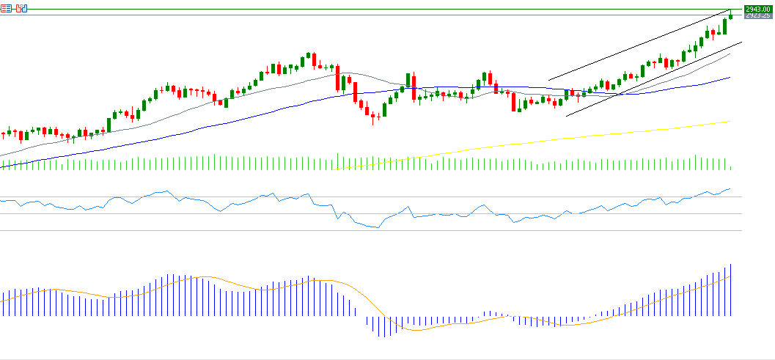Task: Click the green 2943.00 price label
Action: pos(758,9)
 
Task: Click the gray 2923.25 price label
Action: pos(758,15)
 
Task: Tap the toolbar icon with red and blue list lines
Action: pos(6,8)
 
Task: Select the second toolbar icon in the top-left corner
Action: pos(21,8)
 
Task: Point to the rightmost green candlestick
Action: pos(730,14)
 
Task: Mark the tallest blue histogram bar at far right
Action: pos(731,290)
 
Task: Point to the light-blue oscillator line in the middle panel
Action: pos(440,215)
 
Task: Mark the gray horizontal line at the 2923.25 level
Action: pos(367,15)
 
